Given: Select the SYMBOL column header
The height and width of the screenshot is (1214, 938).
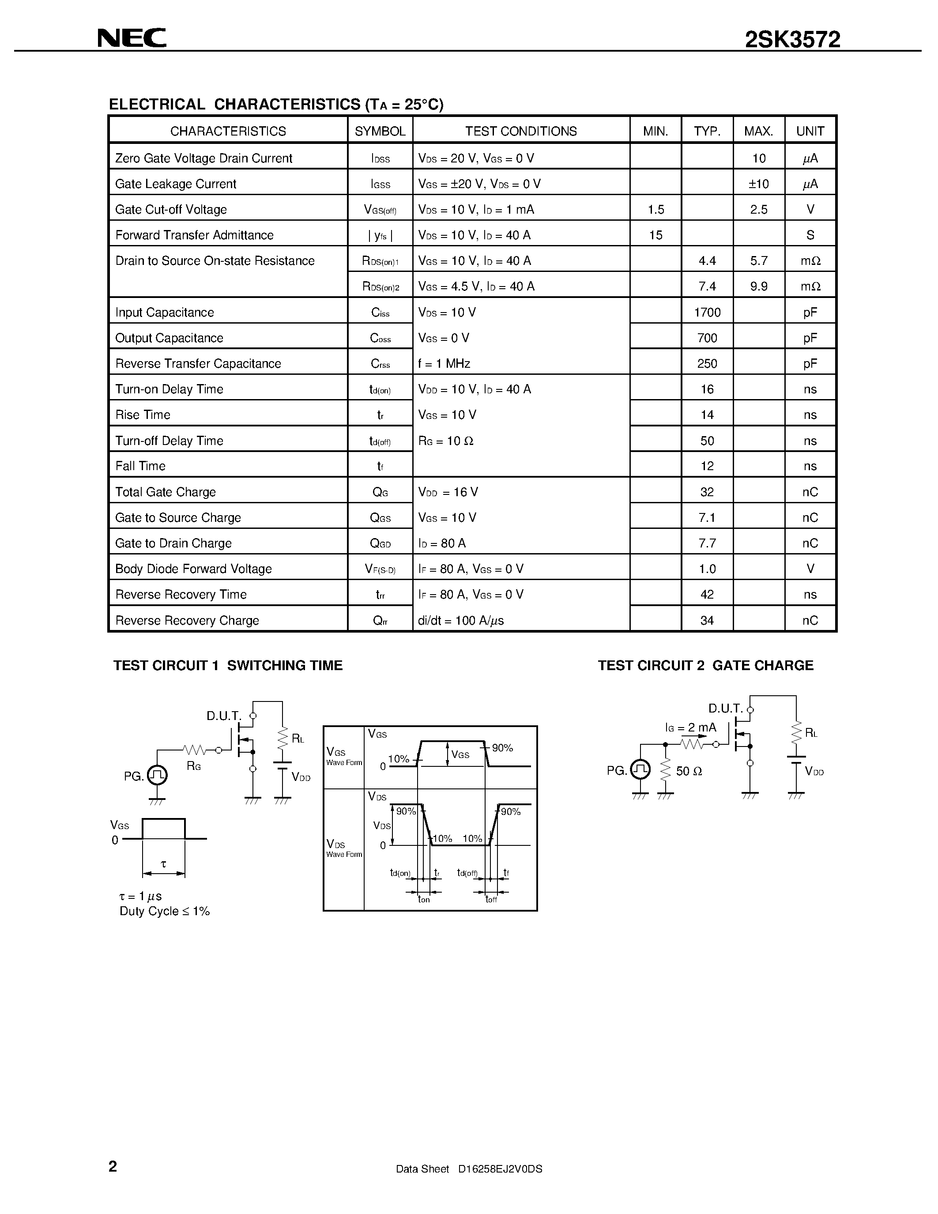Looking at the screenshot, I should [x=380, y=131].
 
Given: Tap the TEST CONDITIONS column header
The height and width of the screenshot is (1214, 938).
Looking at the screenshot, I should [x=521, y=131].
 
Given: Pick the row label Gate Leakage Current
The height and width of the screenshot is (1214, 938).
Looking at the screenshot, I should [x=176, y=184].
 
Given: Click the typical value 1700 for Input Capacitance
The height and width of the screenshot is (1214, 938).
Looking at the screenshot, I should [x=707, y=313].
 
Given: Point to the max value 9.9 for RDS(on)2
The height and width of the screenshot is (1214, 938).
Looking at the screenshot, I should [x=758, y=286].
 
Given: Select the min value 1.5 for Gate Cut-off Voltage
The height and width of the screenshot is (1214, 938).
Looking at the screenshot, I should [x=655, y=210].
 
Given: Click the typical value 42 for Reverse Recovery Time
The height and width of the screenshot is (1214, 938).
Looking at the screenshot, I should [x=707, y=594].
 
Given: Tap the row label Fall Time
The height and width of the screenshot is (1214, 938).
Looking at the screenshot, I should [x=140, y=466].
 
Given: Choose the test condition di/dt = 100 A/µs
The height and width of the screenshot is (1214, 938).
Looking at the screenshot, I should [x=461, y=620].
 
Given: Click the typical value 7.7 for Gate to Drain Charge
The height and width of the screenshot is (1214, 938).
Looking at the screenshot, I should [x=707, y=543].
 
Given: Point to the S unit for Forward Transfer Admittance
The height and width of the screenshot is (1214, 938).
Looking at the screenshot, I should [x=810, y=235].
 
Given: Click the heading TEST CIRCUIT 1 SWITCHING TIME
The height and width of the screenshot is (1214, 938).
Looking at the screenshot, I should [x=228, y=665].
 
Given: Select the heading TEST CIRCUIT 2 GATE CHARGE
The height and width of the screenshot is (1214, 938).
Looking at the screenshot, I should [x=705, y=665].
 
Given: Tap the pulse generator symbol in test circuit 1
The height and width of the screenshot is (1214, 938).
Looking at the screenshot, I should [x=157, y=775].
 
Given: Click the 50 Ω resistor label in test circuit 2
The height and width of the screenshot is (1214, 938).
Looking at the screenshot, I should [x=689, y=771].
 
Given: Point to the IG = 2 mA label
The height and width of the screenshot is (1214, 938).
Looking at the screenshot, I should [x=691, y=728].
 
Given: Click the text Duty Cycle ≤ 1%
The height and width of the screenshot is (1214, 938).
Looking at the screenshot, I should [x=165, y=911].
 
